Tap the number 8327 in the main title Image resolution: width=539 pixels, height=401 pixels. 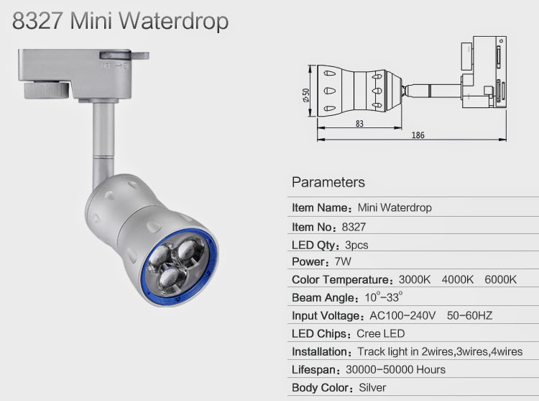pos(37,21)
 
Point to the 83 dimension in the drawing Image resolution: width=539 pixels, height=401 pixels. pos(359,124)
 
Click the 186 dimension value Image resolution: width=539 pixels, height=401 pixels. pos(418,135)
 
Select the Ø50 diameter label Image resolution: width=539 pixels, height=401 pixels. pos(305,95)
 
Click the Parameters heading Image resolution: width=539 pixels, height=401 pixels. pos(328,182)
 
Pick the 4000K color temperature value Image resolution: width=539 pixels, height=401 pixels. pos(458,279)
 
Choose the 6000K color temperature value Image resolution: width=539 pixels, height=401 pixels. pos(500,279)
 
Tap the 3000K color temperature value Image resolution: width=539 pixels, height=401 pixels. pos(415,279)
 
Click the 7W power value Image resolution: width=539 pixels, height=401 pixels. pos(343,261)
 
